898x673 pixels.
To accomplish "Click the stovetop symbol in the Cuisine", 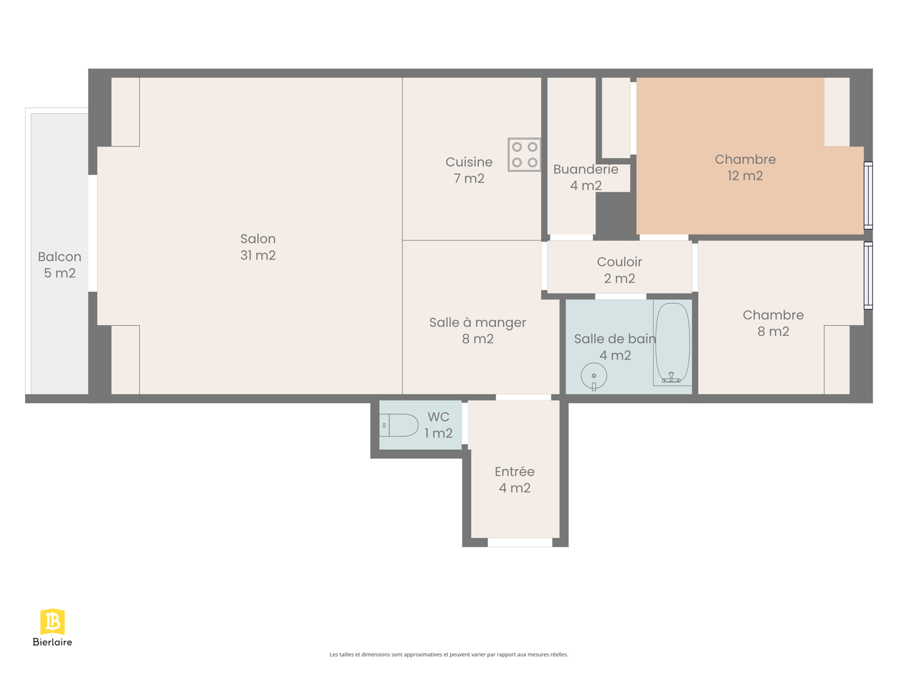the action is (524, 154).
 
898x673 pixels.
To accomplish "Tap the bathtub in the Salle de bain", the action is (672, 343).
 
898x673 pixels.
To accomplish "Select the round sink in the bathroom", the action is (594, 376).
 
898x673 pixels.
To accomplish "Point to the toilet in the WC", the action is (398, 425).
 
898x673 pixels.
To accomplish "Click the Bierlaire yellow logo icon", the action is (52, 621).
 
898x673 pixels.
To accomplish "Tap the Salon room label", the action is (258, 239).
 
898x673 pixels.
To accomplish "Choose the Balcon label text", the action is (59, 257).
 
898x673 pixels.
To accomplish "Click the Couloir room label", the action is (620, 261).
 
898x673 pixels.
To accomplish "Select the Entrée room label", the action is (514, 472).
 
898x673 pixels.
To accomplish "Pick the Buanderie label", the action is (585, 169).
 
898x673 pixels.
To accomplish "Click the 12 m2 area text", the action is (745, 176).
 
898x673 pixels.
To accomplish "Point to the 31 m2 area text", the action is (258, 255).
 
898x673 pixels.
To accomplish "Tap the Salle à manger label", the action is (478, 323).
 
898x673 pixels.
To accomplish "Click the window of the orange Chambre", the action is (868, 195).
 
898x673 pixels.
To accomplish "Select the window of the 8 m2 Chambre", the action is (868, 275).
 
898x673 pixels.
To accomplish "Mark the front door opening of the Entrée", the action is (520, 542).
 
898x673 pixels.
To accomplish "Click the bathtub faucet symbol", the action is (671, 377).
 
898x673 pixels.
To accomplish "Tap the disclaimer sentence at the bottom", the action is (449, 654).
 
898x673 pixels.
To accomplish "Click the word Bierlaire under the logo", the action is (52, 642).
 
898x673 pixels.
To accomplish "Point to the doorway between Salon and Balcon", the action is (93, 233).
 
